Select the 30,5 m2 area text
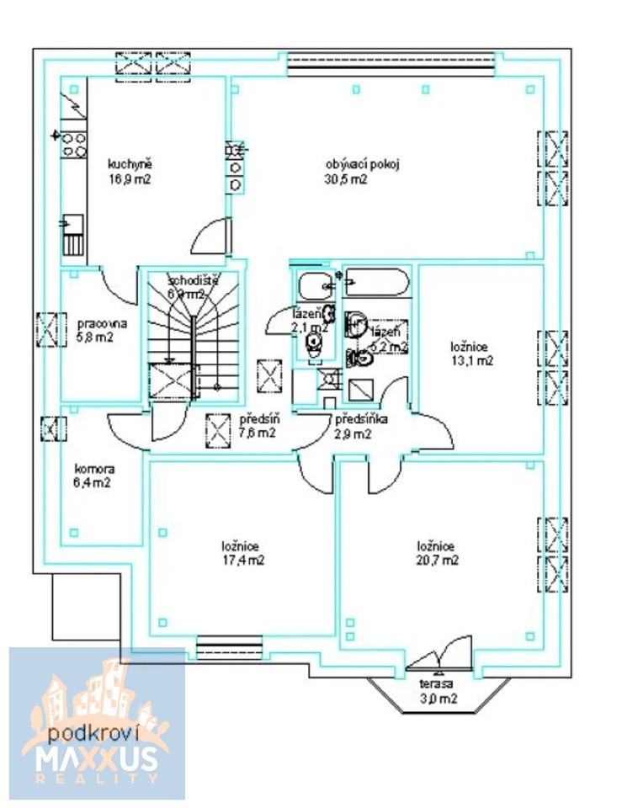tap(346, 179)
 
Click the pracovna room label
tap(101, 323)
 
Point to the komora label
tap(94, 469)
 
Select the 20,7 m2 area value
tap(439, 560)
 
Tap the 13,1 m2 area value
tap(472, 360)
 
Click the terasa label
tap(437, 684)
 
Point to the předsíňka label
tap(362, 419)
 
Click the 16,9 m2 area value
tap(129, 179)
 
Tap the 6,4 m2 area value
tap(93, 483)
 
